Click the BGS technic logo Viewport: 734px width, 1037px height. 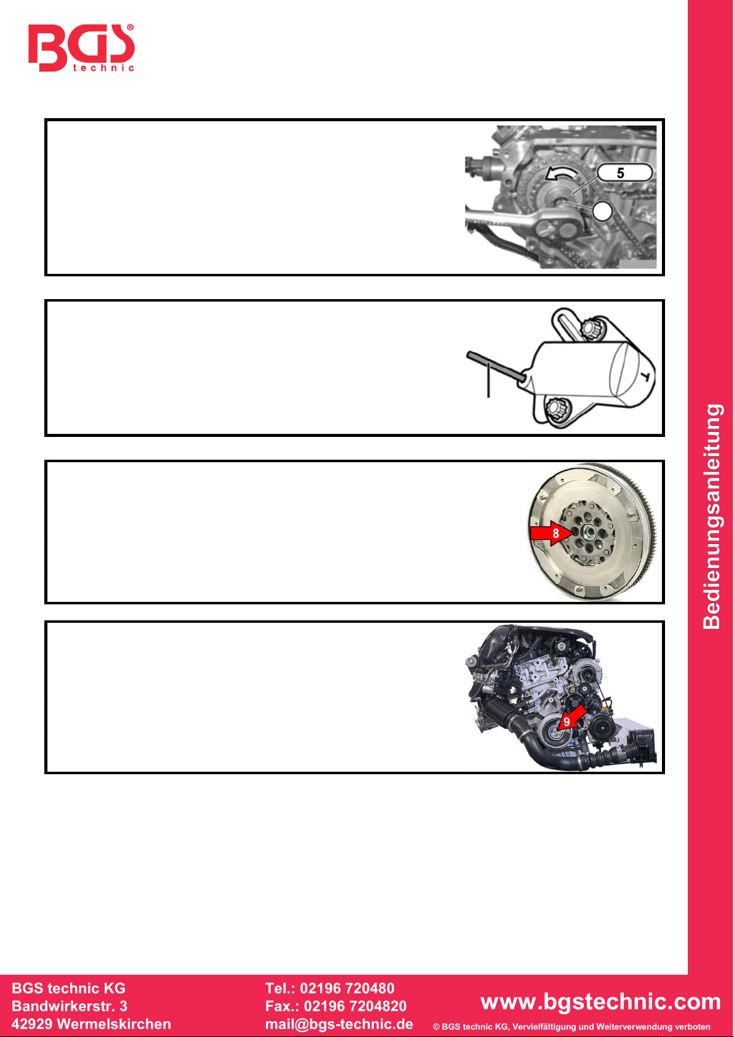pyautogui.click(x=81, y=47)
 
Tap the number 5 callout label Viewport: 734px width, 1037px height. pyautogui.click(x=625, y=173)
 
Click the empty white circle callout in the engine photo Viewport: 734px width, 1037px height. pyautogui.click(x=602, y=211)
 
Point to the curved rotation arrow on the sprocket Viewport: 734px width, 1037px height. pyautogui.click(x=560, y=173)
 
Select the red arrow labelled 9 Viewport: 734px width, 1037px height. pyautogui.click(x=572, y=718)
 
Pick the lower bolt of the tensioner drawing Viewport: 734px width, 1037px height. pyautogui.click(x=556, y=409)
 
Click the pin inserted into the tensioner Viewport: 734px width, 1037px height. pyautogui.click(x=496, y=366)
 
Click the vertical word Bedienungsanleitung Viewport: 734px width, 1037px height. pyautogui.click(x=712, y=516)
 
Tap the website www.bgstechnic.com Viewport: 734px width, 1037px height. pyautogui.click(x=600, y=1002)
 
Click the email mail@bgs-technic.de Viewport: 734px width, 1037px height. pyautogui.click(x=339, y=1024)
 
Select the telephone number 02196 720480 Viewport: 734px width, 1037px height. pyautogui.click(x=347, y=988)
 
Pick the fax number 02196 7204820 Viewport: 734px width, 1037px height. pyautogui.click(x=355, y=1006)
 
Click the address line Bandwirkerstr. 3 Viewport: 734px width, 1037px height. pyautogui.click(x=70, y=1006)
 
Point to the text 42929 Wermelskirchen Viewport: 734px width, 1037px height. pyautogui.click(x=91, y=1024)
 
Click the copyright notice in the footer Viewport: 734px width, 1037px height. pyautogui.click(x=571, y=1027)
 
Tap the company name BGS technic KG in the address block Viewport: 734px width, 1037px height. pyautogui.click(x=68, y=988)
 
